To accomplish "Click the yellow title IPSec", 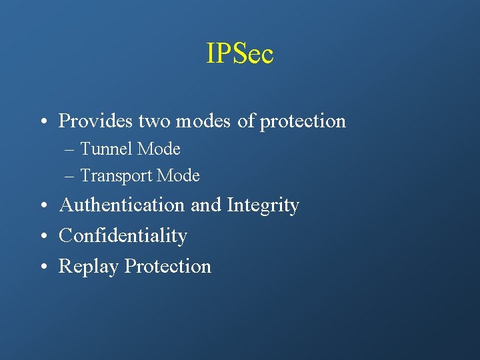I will [x=240, y=54].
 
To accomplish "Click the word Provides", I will [x=96, y=121].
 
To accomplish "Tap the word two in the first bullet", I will [x=155, y=121].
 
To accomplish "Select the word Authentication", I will [x=123, y=205].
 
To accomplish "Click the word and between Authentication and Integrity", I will [x=206, y=205].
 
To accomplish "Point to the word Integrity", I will [x=263, y=206].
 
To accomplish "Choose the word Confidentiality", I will [x=123, y=235].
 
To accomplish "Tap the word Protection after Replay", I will [x=168, y=266].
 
